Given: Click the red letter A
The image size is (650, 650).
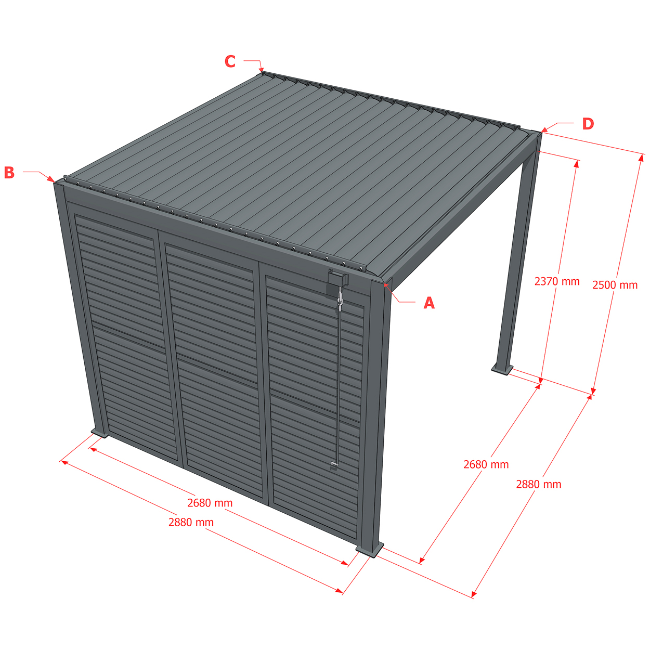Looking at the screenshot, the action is click(x=428, y=303).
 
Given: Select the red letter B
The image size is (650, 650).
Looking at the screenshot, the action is click(x=9, y=172).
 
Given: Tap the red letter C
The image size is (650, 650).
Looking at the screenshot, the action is click(x=230, y=61).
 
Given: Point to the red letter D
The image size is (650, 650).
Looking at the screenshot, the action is click(x=588, y=124).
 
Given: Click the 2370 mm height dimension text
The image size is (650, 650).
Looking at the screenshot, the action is click(x=557, y=281).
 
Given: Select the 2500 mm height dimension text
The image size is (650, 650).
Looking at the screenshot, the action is click(x=615, y=284).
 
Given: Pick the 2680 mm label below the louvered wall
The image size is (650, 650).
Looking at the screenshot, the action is click(x=210, y=503).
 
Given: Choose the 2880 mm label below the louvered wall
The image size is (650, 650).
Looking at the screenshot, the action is click(x=191, y=522).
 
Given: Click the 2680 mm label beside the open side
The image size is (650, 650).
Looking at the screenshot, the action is click(x=486, y=464).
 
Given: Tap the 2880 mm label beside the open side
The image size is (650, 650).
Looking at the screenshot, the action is click(x=538, y=484).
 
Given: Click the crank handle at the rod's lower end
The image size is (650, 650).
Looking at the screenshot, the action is click(x=334, y=466).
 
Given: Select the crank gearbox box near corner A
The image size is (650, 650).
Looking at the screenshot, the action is click(x=338, y=279).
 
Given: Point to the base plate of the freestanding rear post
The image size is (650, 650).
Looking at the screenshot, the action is click(x=502, y=368).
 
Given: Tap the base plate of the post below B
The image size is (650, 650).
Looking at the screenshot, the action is click(x=99, y=433).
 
